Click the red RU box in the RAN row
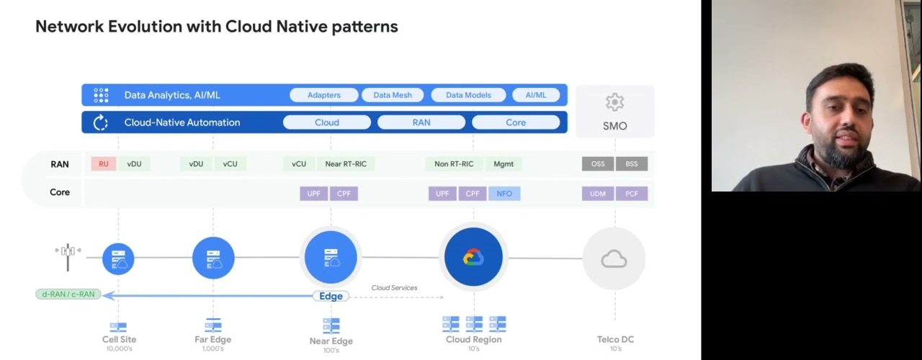pos(103,163)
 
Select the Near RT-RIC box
pos(346,163)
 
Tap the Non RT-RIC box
pos(454,163)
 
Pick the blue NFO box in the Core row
pos(504,194)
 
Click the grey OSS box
pos(598,163)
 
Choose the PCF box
pos(632,194)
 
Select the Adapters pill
pos(324,95)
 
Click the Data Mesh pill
pos(393,95)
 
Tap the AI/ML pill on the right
pos(536,95)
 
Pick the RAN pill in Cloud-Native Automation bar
pos(421,122)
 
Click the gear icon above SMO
pos(614,102)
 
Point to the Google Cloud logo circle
pos(473,257)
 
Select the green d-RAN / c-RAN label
pos(68,294)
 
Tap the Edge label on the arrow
pos(331,296)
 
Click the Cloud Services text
pos(394,287)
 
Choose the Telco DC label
pos(615,339)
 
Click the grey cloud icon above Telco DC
pos(614,259)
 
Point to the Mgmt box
pos(503,163)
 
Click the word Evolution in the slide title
pos(145,27)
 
